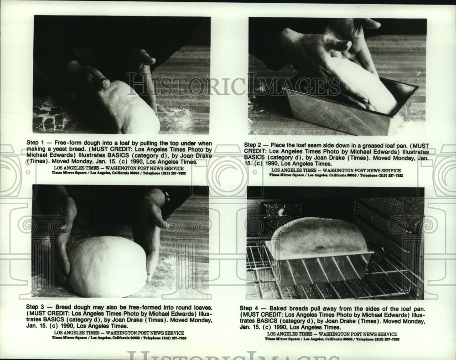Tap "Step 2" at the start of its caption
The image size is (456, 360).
254,145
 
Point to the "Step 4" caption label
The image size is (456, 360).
249,309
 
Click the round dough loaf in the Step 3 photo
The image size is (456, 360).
107,267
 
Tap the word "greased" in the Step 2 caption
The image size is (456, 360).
370,145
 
